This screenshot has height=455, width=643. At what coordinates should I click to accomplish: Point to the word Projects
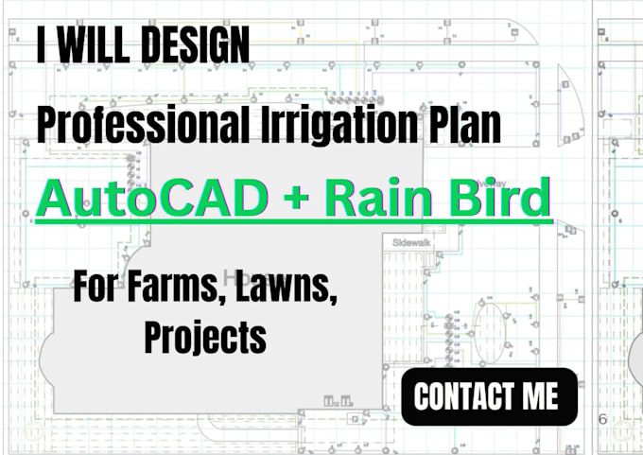(x=204, y=336)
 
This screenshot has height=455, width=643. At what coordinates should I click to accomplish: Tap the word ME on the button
(x=543, y=396)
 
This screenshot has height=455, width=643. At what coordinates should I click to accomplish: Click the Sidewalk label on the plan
(x=410, y=242)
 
